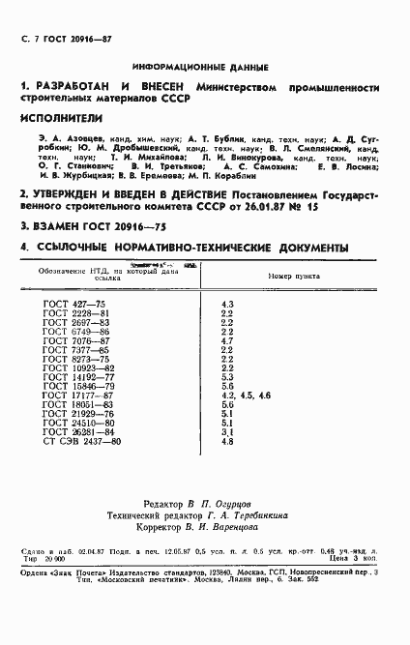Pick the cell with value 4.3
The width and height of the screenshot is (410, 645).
227,306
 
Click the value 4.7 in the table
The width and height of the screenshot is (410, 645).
227,341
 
